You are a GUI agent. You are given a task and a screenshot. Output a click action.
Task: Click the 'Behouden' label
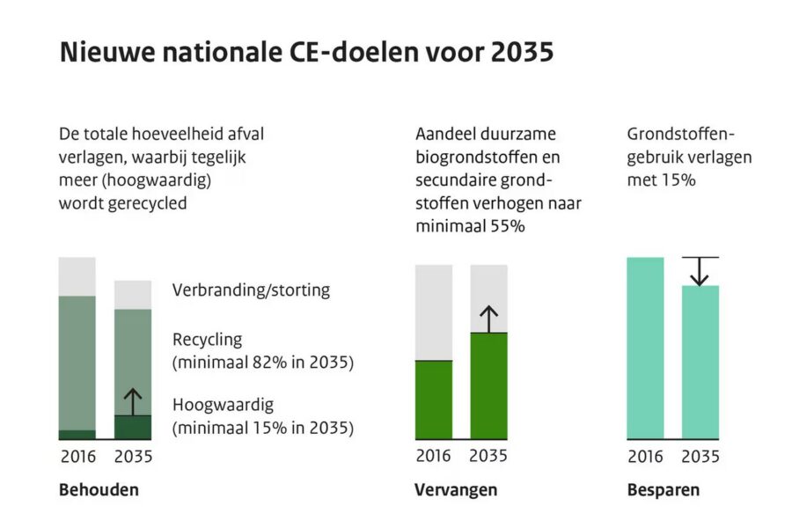tap(99, 490)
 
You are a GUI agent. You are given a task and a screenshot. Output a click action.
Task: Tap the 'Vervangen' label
tap(456, 490)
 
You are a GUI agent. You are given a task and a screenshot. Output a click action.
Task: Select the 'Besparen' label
tap(664, 490)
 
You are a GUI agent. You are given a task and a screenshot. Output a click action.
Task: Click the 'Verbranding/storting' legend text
tap(251, 290)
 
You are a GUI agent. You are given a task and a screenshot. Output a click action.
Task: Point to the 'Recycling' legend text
tap(207, 340)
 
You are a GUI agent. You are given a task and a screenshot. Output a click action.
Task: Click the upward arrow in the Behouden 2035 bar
tap(132, 401)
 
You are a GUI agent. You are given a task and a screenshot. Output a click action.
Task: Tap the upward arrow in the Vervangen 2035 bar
tap(489, 319)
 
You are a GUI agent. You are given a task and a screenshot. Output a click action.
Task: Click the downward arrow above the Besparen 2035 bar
tap(700, 271)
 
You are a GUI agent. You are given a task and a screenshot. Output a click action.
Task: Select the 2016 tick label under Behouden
tap(77, 457)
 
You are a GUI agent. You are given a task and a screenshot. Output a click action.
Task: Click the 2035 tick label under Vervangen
tap(489, 457)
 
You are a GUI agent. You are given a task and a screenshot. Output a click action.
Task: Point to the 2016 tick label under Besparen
tap(645, 457)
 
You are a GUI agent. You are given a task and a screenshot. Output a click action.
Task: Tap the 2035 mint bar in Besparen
tap(700, 362)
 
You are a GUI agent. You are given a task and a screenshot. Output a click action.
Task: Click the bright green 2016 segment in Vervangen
tap(434, 400)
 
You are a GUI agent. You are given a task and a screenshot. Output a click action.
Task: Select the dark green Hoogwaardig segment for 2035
tap(133, 428)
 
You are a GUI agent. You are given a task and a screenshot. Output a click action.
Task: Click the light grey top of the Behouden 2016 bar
tap(77, 276)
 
